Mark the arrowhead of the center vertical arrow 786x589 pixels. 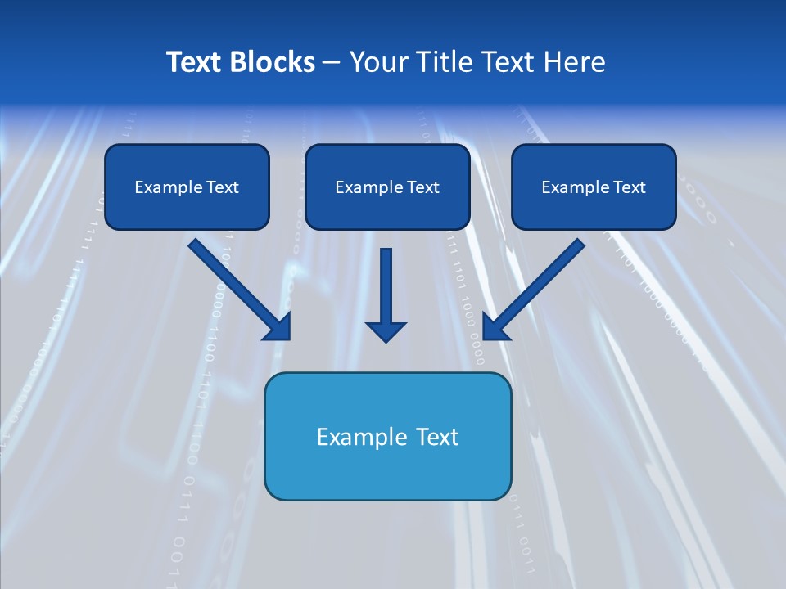(386, 331)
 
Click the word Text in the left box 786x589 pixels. (222, 187)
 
